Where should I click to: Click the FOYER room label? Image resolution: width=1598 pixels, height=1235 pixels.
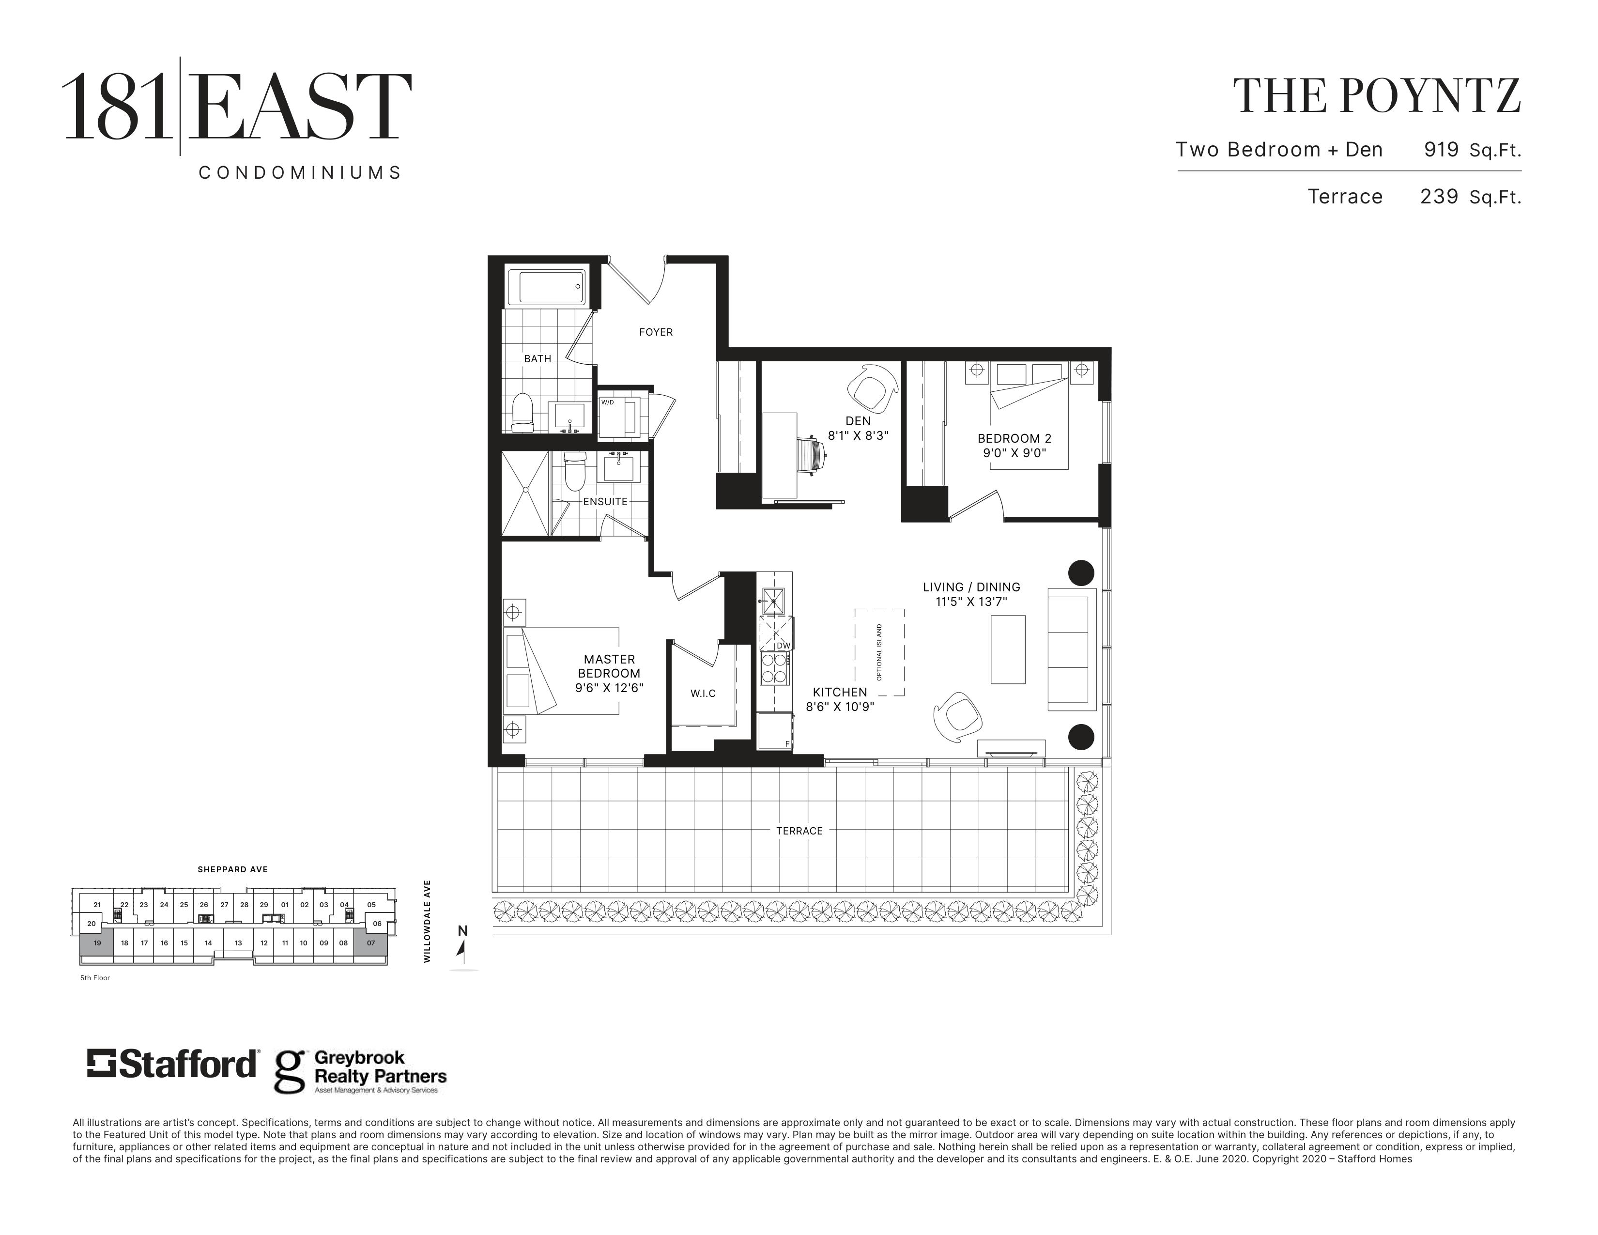[656, 332]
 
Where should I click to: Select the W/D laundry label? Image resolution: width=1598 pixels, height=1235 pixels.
[607, 402]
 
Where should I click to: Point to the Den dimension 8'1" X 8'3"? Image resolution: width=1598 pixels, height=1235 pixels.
[858, 435]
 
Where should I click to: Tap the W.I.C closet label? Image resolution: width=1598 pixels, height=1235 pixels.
[703, 694]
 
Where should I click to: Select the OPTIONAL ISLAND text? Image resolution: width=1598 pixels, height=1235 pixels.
[879, 652]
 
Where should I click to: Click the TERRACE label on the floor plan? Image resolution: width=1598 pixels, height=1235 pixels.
[800, 831]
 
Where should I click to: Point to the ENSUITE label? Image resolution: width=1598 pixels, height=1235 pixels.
[605, 502]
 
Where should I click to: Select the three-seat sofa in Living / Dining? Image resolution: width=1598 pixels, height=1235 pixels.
[1073, 649]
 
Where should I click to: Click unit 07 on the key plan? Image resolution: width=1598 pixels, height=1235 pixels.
[371, 943]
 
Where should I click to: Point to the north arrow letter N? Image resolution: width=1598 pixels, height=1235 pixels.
[462, 931]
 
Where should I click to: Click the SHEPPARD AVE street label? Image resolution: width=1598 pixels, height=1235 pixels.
[232, 870]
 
